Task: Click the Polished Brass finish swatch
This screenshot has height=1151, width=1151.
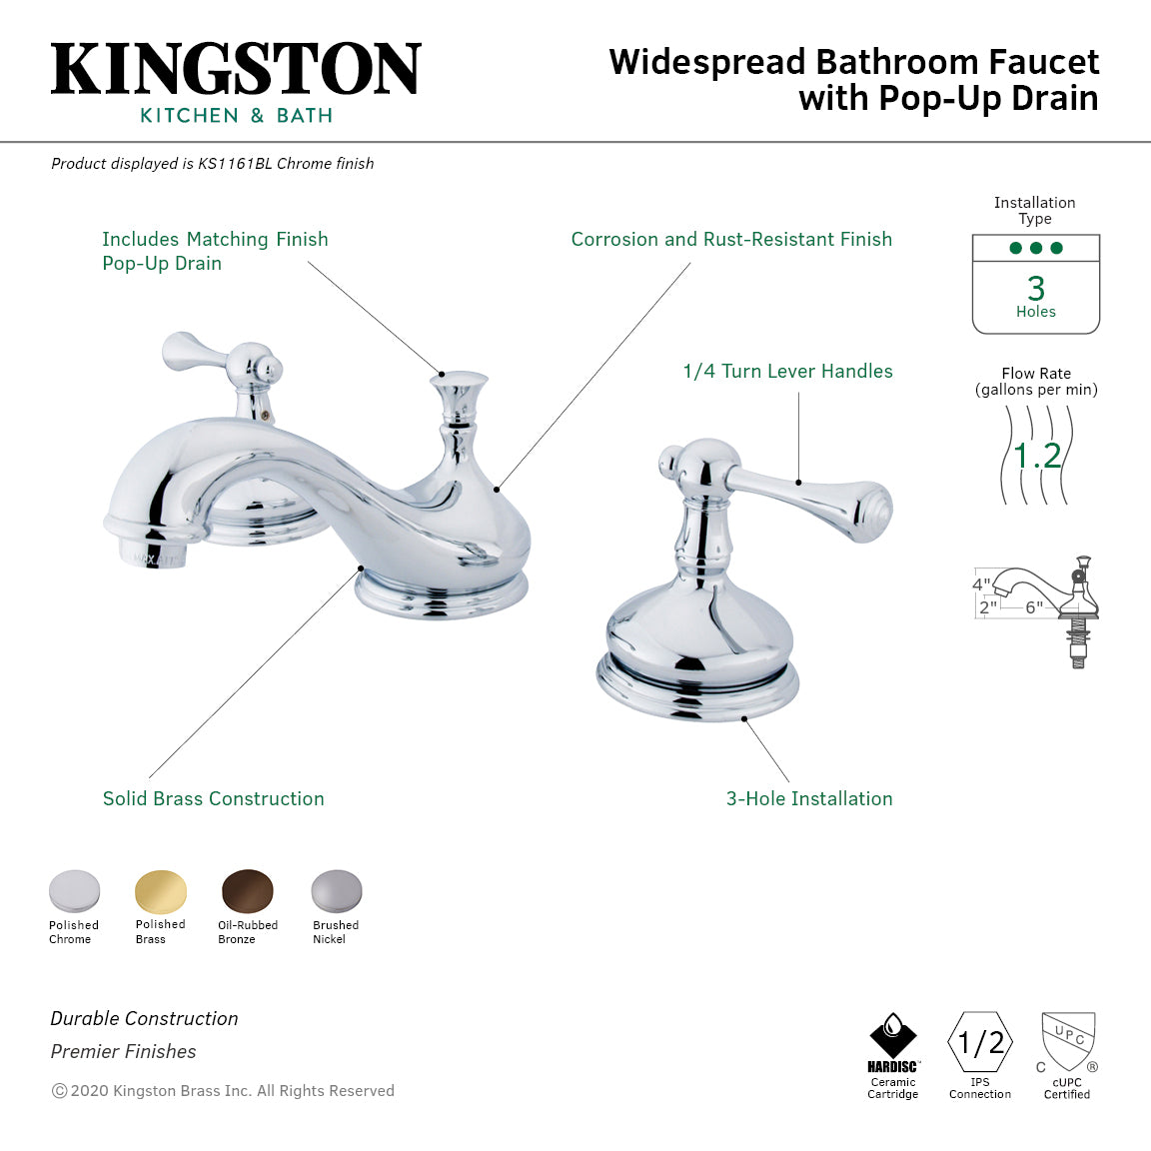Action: (160, 890)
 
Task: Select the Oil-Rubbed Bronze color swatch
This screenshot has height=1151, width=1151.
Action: (247, 890)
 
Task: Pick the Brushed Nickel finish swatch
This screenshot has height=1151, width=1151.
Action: (336, 890)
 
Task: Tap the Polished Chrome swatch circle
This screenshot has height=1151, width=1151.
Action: (74, 890)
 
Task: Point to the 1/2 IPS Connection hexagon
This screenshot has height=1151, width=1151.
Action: (980, 1043)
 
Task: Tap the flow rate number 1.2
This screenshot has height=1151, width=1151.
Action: (1036, 456)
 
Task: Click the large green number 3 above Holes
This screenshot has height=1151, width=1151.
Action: (1036, 289)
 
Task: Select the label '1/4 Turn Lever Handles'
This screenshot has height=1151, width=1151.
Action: (787, 372)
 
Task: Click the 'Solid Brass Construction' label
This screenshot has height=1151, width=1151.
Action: (213, 799)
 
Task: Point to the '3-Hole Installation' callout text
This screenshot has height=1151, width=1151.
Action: (809, 799)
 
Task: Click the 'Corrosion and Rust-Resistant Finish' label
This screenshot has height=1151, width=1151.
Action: (731, 240)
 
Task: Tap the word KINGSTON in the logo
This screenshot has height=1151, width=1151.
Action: (236, 70)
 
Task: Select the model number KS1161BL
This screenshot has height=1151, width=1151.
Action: (234, 164)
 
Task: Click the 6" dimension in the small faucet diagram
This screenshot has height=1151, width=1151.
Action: (1033, 606)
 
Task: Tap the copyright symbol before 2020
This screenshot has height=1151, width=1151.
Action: (59, 1091)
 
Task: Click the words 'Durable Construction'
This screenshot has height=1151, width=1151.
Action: (144, 1019)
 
